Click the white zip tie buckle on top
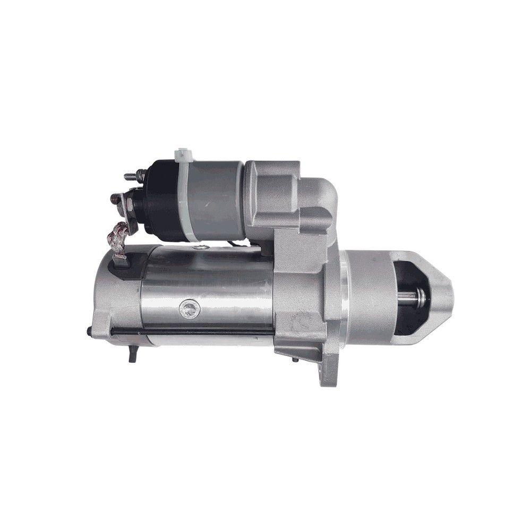click(x=184, y=155)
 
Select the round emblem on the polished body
click(x=190, y=309)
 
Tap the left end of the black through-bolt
click(x=90, y=332)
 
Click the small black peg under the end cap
click(x=133, y=355)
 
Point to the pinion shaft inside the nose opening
click(x=414, y=297)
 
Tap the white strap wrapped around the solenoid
click(x=186, y=196)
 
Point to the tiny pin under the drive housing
click(x=295, y=359)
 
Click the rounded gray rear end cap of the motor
click(x=109, y=303)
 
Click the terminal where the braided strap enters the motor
click(x=121, y=260)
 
